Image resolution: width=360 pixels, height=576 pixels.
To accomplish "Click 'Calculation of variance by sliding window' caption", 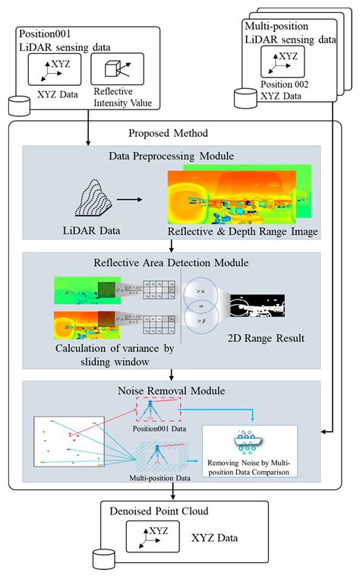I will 99,355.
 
